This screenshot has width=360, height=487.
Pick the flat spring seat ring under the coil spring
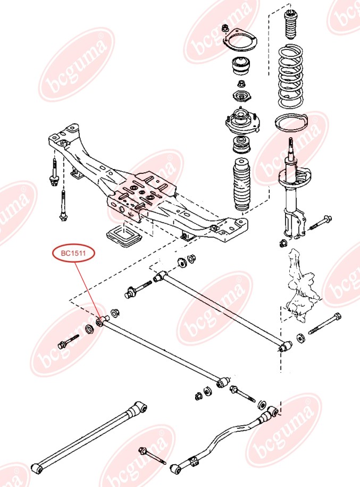(291, 123)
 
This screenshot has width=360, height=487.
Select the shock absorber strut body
(291, 191)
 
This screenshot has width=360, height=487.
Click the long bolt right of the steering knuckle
(324, 324)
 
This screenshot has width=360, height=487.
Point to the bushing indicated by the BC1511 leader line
(100, 322)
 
